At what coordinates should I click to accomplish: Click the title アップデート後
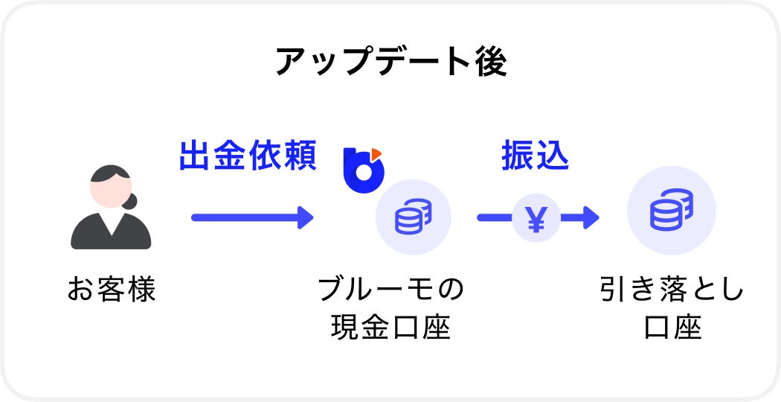[390, 63]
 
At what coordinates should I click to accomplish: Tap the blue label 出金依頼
[248, 156]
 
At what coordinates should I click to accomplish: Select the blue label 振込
[536, 156]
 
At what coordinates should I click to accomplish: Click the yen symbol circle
[536, 217]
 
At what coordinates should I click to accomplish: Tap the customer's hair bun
[132, 202]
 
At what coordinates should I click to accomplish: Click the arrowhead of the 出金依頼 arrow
[305, 217]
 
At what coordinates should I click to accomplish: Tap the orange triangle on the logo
[376, 153]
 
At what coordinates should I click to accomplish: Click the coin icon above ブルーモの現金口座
[413, 217]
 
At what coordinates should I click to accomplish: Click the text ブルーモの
[390, 289]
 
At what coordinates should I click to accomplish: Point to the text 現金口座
[390, 328]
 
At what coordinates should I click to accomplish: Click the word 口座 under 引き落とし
[672, 328]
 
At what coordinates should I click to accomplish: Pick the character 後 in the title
[491, 63]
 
